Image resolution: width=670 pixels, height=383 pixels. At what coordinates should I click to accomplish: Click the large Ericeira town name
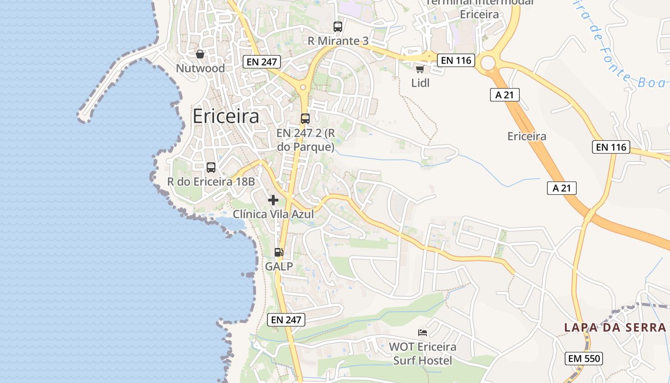(x=226, y=116)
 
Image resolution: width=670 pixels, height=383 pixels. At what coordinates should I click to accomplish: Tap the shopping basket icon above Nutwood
(x=200, y=54)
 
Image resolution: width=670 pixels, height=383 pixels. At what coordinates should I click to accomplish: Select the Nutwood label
(x=200, y=68)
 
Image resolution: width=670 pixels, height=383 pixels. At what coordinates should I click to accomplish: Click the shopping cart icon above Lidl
(x=420, y=69)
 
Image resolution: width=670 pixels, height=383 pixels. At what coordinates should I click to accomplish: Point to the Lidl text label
(x=421, y=83)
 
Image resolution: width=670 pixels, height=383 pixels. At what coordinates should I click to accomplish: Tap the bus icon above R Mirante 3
(x=338, y=27)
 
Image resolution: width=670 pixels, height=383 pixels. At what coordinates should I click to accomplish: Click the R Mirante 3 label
(x=338, y=41)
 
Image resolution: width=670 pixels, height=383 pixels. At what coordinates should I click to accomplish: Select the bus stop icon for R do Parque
(x=305, y=118)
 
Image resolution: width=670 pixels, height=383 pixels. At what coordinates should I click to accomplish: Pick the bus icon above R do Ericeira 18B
(x=211, y=167)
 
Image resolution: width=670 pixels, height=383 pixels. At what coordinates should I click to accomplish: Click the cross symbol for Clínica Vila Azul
(x=273, y=200)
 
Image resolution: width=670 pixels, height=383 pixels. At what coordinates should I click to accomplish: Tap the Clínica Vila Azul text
(x=273, y=214)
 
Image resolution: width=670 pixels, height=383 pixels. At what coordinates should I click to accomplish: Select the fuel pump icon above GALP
(x=279, y=252)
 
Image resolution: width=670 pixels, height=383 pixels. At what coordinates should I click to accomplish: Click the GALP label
(x=279, y=267)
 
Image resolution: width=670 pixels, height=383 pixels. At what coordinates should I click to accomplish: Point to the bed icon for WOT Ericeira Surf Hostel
(x=423, y=332)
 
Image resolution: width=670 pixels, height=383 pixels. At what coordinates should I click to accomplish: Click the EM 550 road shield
(x=583, y=358)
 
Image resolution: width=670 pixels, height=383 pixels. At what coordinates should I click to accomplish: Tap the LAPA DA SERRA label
(x=615, y=327)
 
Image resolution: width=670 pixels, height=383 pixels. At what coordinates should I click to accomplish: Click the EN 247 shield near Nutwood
(x=261, y=61)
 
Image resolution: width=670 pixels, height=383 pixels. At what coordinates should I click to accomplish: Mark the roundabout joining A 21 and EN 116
(x=488, y=63)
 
